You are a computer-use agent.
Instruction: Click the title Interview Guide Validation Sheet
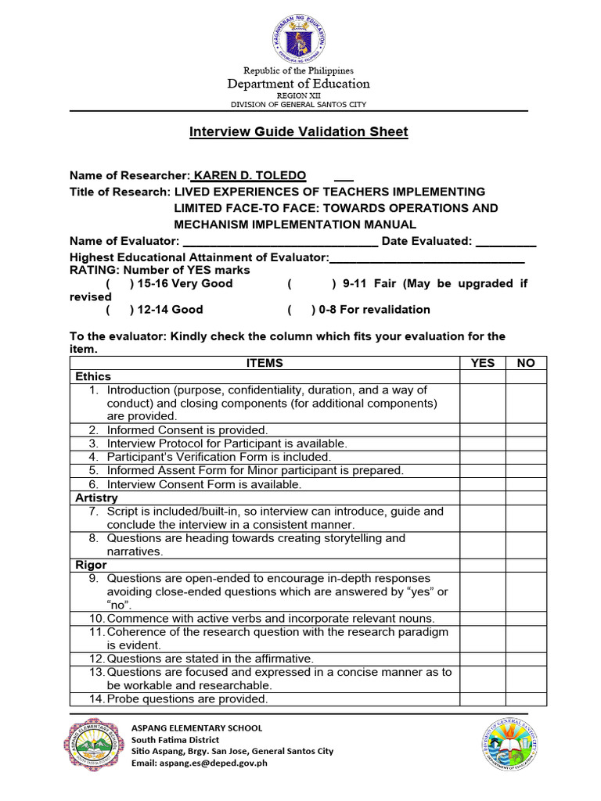[x=298, y=132]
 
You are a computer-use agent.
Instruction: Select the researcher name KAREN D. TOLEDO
[x=250, y=175]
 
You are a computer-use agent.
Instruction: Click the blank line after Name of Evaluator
[x=280, y=242]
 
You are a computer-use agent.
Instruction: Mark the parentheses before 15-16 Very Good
[x=120, y=283]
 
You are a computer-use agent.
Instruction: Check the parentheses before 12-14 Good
[x=120, y=310]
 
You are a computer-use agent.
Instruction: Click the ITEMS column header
[x=265, y=363]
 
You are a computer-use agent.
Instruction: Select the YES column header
[x=482, y=363]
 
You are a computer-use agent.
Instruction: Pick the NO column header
[x=526, y=363]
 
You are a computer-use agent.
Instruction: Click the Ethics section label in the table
[x=93, y=376]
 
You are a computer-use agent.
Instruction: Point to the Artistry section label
[x=96, y=497]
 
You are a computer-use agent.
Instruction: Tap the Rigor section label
[x=91, y=565]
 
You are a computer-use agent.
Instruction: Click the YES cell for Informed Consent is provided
[x=482, y=430]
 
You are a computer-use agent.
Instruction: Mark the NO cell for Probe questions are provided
[x=526, y=699]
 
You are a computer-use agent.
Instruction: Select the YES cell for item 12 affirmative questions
[x=482, y=659]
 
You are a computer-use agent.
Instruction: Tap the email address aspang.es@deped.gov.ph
[x=199, y=763]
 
